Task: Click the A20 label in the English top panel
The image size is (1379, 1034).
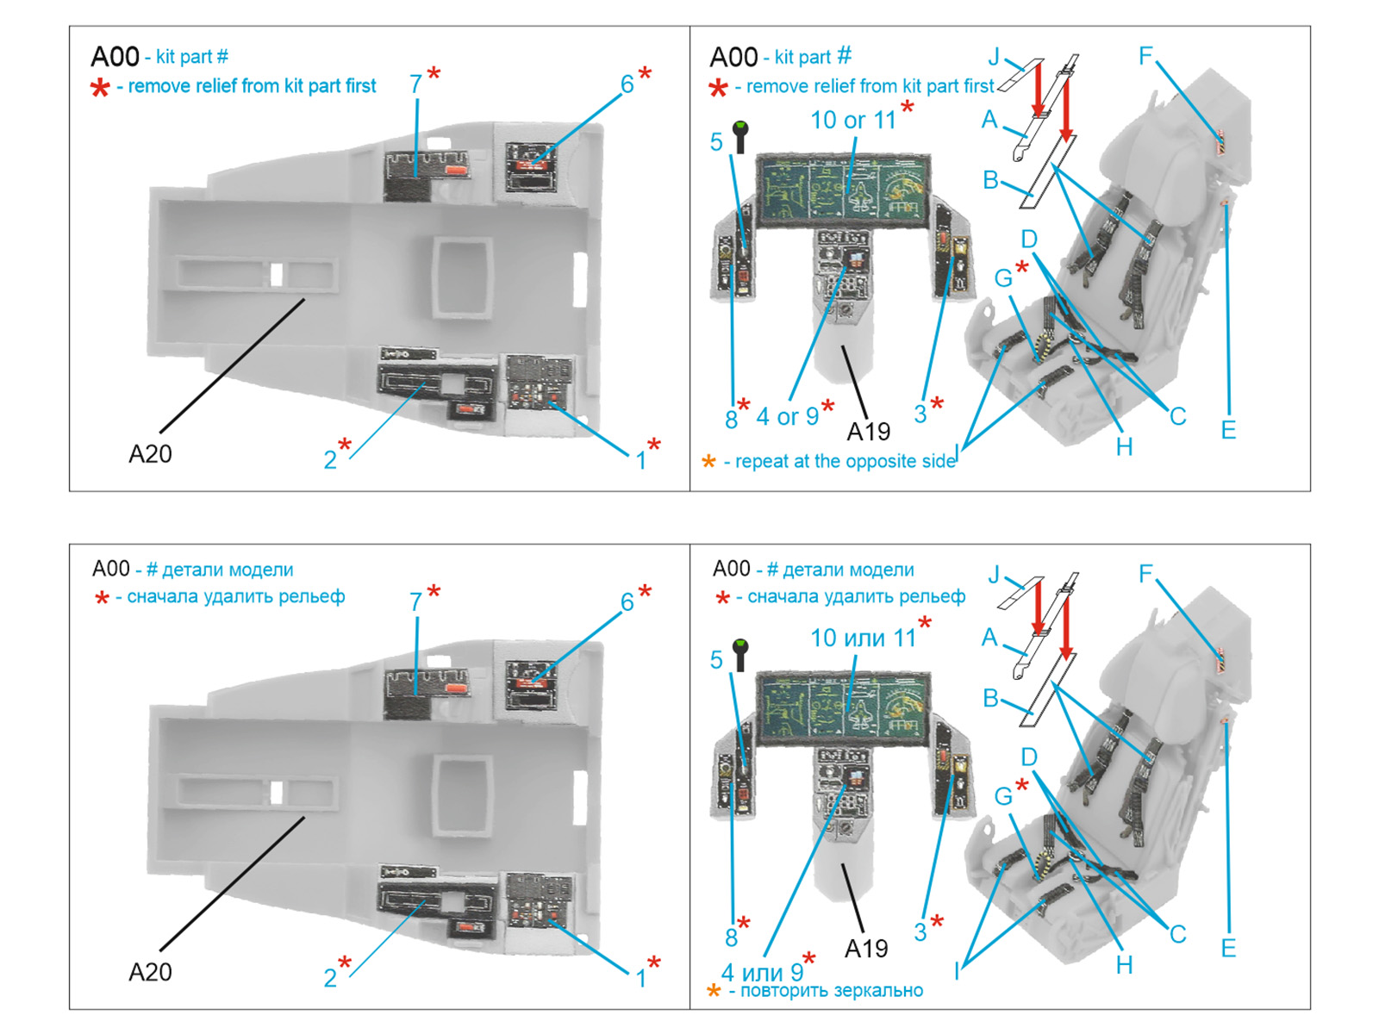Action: pyautogui.click(x=150, y=454)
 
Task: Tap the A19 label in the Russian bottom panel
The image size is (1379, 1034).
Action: pyautogui.click(x=866, y=949)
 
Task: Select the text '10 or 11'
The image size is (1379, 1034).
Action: pyautogui.click(x=853, y=121)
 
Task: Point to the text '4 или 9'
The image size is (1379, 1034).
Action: pyautogui.click(x=762, y=973)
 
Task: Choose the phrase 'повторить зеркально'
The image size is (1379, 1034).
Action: pyautogui.click(x=832, y=991)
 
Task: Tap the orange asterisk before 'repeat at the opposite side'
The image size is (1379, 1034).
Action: pyautogui.click(x=708, y=462)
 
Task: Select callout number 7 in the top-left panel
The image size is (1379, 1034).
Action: pyautogui.click(x=415, y=84)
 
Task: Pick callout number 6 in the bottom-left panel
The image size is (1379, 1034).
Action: pyautogui.click(x=627, y=602)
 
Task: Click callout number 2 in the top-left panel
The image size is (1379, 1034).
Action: pyautogui.click(x=330, y=460)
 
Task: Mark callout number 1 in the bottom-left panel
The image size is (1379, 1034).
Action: pyautogui.click(x=640, y=978)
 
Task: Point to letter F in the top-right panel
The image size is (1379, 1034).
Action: pyautogui.click(x=1145, y=57)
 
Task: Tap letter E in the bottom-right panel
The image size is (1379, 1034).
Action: pyautogui.click(x=1228, y=949)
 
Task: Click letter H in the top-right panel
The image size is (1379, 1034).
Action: pyautogui.click(x=1124, y=447)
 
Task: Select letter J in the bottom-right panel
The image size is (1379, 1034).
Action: pyautogui.click(x=994, y=576)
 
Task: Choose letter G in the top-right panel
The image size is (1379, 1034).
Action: pyautogui.click(x=1003, y=278)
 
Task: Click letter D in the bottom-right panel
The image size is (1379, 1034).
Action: pyautogui.click(x=1029, y=757)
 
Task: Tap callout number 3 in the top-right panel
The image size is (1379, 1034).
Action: pyautogui.click(x=920, y=414)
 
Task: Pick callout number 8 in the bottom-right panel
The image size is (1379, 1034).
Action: pyautogui.click(x=731, y=937)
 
